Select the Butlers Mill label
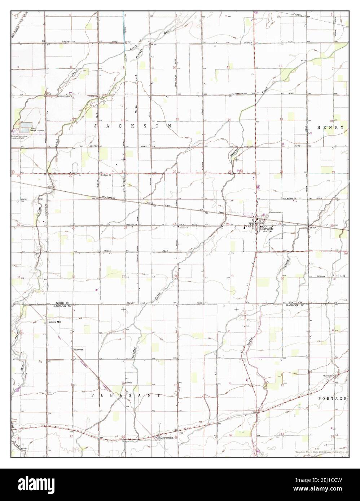coord(54,322)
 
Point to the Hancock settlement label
coord(78,349)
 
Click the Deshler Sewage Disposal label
coord(37,130)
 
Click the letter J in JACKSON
coord(96,126)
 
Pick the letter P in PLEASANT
coord(93,395)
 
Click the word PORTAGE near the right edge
coord(333,399)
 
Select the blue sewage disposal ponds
coord(25,128)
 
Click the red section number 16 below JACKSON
coord(123,120)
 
